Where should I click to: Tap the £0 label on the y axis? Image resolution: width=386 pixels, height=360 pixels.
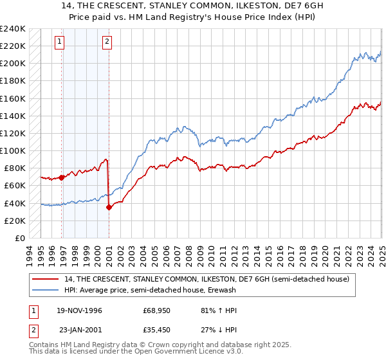click(21, 239)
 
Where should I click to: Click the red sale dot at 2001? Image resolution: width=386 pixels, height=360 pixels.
click(109, 207)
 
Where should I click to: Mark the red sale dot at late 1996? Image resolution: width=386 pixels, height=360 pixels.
click(62, 177)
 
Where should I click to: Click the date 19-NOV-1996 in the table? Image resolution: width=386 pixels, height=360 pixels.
click(78, 310)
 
